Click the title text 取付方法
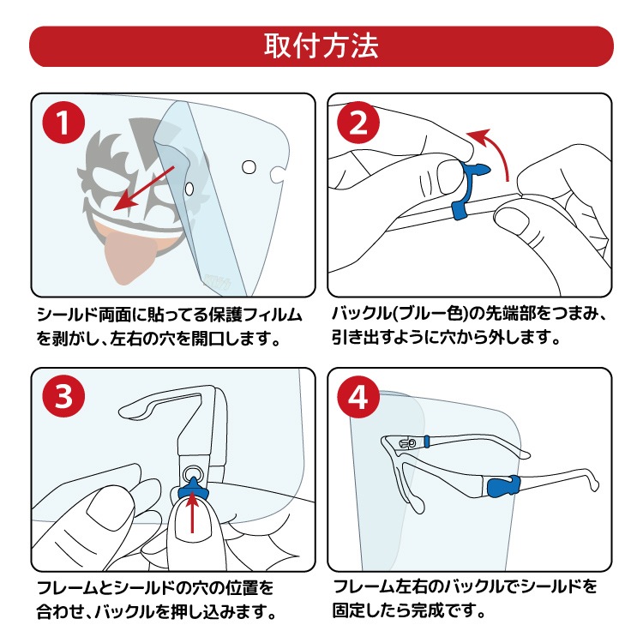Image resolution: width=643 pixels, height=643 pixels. [x=321, y=46]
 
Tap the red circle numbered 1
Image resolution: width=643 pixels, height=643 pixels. [x=63, y=123]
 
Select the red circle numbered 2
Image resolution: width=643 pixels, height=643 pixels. [x=358, y=123]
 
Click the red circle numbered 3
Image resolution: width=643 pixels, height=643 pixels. [x=63, y=397]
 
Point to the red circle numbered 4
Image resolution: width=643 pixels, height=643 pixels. [x=358, y=397]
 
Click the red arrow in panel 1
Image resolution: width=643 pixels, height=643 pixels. [x=143, y=189]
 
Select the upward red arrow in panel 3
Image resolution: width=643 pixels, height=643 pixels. [x=192, y=510]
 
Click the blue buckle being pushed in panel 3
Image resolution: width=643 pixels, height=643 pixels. [x=192, y=490]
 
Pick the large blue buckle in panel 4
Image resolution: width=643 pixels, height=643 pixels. [x=504, y=486]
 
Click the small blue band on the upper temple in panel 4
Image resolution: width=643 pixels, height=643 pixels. [x=427, y=442]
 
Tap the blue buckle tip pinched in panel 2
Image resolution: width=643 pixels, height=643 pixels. [x=477, y=169]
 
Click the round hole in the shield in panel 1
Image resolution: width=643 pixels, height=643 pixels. [x=249, y=167]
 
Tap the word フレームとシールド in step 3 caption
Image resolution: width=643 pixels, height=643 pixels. [x=105, y=588]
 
